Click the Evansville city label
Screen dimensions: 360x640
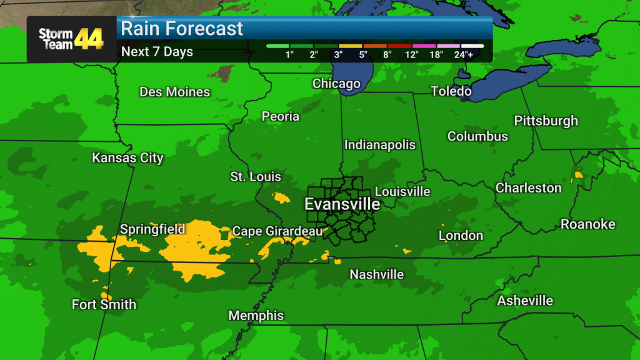tap(342, 204)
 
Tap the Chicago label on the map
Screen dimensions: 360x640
tap(336, 84)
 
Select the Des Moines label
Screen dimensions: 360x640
tap(174, 92)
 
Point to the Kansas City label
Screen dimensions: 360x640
tap(127, 157)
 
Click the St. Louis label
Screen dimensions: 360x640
tap(256, 177)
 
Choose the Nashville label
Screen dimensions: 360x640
tap(376, 274)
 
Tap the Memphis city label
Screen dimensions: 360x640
tap(256, 316)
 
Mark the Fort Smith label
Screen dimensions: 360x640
tap(104, 305)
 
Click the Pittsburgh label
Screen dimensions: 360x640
tap(546, 121)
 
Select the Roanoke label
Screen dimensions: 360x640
tap(587, 224)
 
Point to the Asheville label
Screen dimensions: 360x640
tap(525, 301)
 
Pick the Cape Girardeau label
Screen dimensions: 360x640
tap(277, 231)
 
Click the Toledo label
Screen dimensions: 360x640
tap(451, 91)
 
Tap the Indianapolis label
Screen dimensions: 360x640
tap(379, 144)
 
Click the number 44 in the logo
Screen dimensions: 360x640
tap(89, 39)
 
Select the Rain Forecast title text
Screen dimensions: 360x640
tap(181, 29)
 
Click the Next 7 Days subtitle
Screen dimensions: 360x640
tap(157, 51)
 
